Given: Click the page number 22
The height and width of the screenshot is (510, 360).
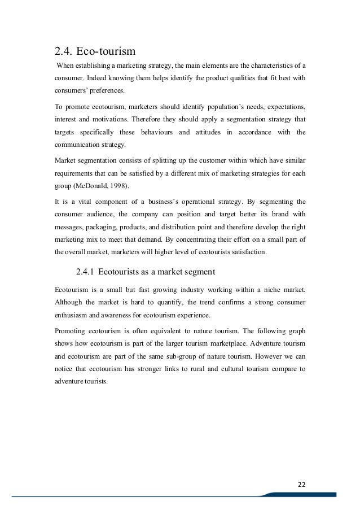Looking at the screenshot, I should [x=300, y=484].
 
